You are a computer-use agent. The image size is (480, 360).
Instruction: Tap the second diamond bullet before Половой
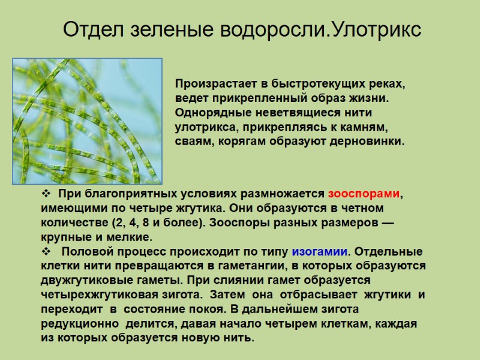pyautogui.click(x=46, y=251)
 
